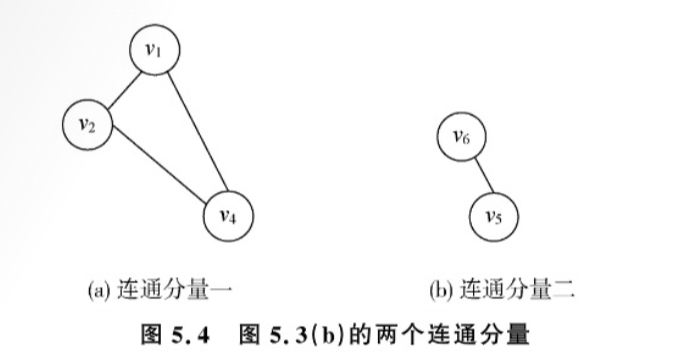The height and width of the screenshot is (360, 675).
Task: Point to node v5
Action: pos(494,216)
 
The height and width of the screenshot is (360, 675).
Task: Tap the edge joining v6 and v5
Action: pos(479,177)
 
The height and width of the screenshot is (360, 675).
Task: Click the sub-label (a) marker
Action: pos(98,291)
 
